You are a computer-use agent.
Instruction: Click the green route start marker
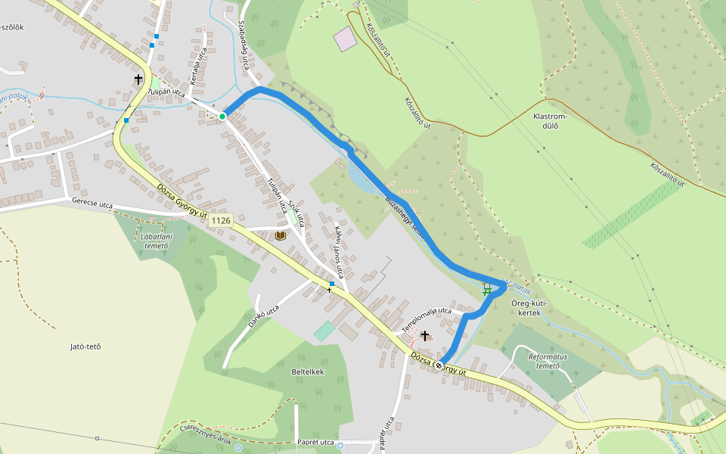[222, 117]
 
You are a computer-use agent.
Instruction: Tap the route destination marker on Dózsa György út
[439, 364]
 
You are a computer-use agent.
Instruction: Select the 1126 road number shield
[220, 221]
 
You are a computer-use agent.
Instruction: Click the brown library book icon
[281, 236]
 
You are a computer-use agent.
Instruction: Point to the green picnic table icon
[488, 288]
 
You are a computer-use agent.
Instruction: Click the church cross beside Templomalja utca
[425, 335]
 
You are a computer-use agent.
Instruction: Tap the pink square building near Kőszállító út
[346, 39]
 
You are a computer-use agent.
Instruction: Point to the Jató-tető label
[85, 347]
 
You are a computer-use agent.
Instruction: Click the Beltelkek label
[308, 372]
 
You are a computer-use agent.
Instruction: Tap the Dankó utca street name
[263, 318]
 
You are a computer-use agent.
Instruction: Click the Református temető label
[548, 360]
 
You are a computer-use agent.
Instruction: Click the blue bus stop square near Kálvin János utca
[331, 284]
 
